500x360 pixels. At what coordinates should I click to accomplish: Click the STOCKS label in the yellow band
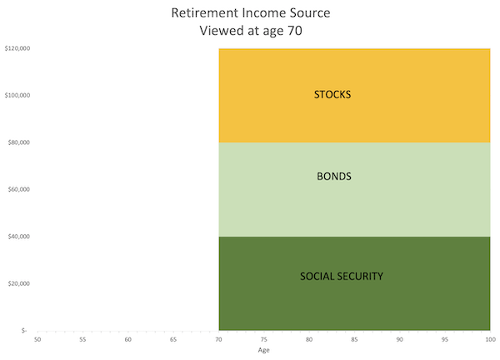coord(332,94)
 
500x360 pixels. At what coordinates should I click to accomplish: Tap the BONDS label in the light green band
coord(333,177)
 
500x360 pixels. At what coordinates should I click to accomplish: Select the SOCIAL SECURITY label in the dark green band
coord(342,276)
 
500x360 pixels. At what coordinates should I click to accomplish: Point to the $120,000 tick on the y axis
coord(18,48)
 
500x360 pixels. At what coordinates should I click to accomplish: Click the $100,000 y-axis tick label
coord(18,95)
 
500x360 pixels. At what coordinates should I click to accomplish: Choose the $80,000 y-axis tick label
coord(19,142)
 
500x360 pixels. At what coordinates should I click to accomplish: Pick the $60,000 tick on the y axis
coord(19,189)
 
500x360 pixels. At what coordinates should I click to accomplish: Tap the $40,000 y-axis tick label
coord(19,237)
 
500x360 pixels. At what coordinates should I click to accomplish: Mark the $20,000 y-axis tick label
coord(19,283)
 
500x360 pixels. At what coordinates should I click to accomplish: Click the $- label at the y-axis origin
coord(24,331)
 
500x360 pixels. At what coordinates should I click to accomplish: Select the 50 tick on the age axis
coord(37,340)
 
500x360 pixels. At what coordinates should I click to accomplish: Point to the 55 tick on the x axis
coord(82,340)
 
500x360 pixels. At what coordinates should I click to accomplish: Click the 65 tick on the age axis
coord(173,340)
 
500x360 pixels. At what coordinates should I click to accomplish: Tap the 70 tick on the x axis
coord(218,340)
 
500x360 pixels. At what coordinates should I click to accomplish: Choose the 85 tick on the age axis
coord(354,340)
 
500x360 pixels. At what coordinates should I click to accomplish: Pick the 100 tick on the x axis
coord(488,340)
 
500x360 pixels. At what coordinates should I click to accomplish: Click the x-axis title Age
coord(263,350)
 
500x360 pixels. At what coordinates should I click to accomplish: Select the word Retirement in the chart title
coord(203,14)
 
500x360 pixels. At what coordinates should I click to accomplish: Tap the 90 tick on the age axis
coord(399,340)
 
